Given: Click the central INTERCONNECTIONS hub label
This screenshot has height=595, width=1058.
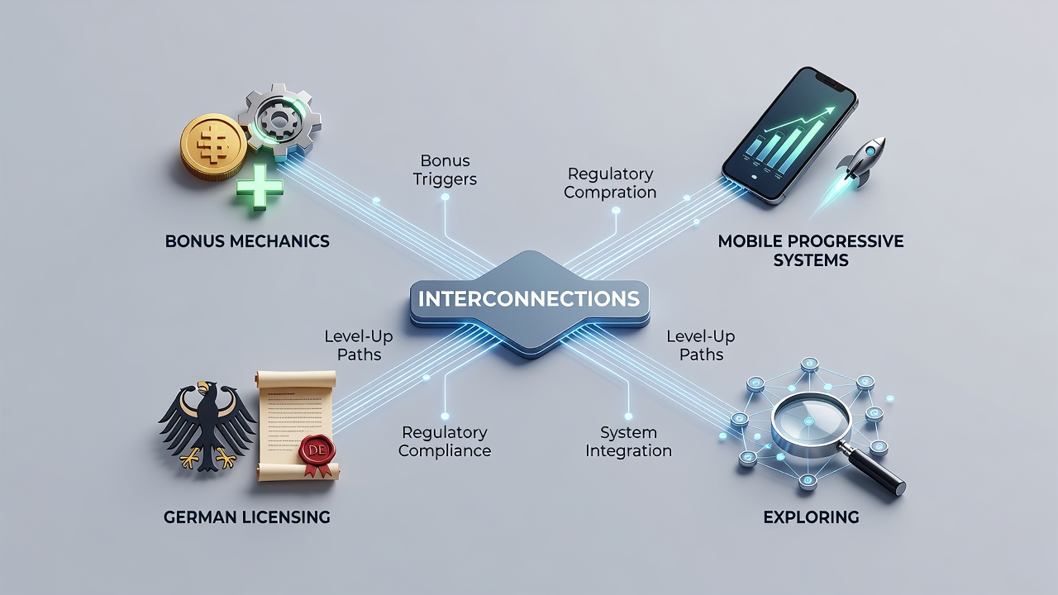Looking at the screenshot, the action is (529, 299).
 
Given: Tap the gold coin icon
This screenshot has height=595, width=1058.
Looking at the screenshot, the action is (213, 147).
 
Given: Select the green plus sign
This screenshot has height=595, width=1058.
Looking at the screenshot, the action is (260, 187).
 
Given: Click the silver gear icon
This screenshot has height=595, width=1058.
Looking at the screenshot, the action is (279, 121).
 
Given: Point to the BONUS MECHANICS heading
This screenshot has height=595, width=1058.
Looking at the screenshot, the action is (247, 241).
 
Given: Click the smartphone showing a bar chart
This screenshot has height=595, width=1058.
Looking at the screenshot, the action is (789, 136).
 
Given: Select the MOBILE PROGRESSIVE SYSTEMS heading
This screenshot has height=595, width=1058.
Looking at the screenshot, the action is (811, 250).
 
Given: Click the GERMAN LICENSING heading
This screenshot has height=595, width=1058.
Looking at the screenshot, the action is (246, 517).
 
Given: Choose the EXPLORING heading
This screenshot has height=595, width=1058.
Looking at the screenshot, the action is (811, 517).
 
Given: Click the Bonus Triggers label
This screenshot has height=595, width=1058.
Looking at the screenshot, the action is (445, 170).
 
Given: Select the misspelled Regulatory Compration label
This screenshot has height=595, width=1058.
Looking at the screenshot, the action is (610, 183).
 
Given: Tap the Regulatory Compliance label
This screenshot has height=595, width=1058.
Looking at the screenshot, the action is (445, 441).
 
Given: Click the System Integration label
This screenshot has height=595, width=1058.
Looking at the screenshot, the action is (628, 441).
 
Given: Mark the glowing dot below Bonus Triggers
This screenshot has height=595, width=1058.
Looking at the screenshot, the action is (445, 197).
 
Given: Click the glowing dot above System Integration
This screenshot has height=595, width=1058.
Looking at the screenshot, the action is (628, 416).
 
